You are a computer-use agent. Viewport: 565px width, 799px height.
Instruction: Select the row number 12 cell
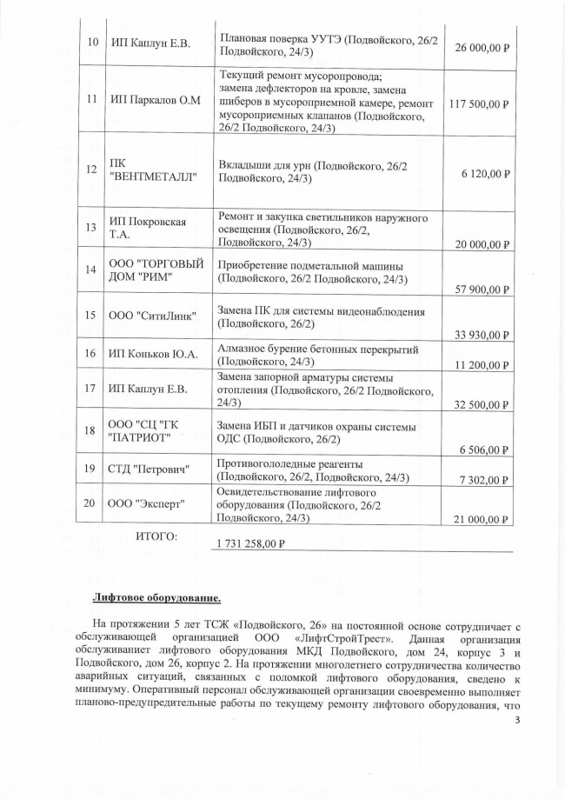[91, 169]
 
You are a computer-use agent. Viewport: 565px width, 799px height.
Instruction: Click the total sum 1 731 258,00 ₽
[249, 544]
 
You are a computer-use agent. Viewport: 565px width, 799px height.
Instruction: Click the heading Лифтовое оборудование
[156, 597]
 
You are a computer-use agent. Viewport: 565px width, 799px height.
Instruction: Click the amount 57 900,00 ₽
[481, 290]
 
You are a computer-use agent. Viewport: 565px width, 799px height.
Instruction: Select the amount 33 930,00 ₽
[481, 335]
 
